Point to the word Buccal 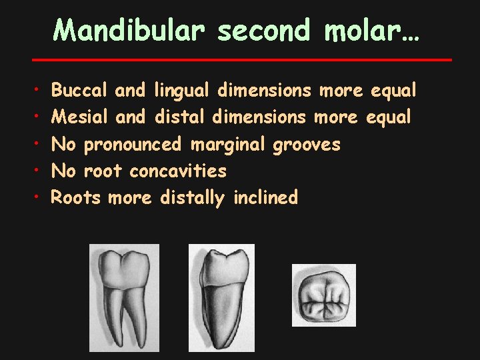coord(80,89)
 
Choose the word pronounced coord(133,144)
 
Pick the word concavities coord(178,171)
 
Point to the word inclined coord(265,198)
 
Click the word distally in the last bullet coord(193,198)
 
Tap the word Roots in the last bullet coord(76,198)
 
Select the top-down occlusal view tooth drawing coord(323,295)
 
